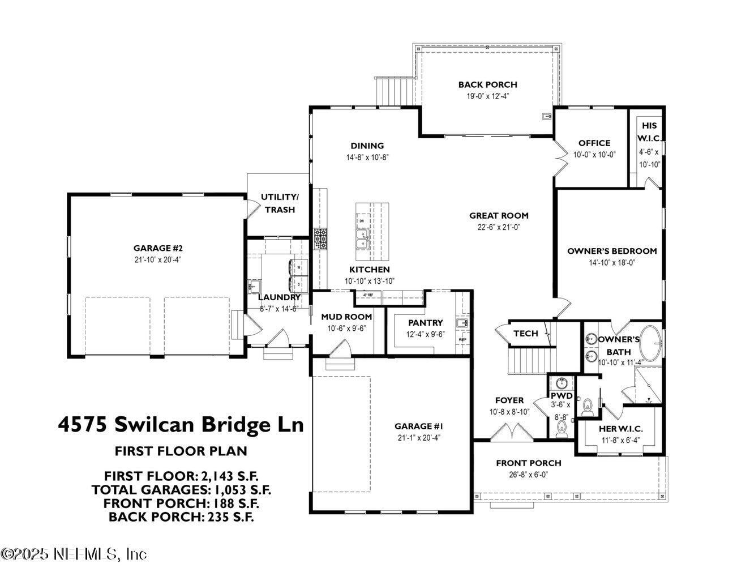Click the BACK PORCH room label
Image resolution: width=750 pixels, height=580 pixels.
click(x=487, y=84)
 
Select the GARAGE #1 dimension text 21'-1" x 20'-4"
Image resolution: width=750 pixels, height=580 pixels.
click(x=418, y=438)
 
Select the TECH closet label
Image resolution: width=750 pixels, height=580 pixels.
click(x=525, y=334)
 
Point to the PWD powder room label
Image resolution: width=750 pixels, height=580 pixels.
click(x=562, y=395)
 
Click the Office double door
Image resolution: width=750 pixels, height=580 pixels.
click(x=560, y=156)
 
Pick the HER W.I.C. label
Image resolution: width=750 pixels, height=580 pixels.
click(x=621, y=429)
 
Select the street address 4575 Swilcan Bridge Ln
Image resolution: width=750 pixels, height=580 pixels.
click(x=181, y=424)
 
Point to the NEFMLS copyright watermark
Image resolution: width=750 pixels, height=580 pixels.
click(x=74, y=553)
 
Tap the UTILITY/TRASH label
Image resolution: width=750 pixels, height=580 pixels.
click(x=279, y=203)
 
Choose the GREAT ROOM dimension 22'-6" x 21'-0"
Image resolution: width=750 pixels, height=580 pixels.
click(x=498, y=227)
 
